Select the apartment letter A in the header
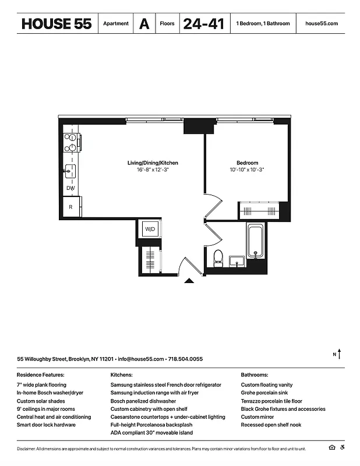coord(144,24)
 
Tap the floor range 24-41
coord(203,24)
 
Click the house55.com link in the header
coord(322,24)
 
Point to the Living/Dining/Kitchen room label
coord(153,163)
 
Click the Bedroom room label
coord(247,163)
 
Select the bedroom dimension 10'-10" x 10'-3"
coord(247,170)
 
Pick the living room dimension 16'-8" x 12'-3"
coord(153,170)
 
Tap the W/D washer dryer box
coord(150,230)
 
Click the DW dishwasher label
coord(70,188)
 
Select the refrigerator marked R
coord(71,207)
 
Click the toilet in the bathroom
coord(218,257)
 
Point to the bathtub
coord(256,241)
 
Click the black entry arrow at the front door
coord(189,281)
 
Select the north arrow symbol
coord(338,354)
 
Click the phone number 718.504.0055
coord(186,359)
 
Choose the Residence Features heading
coord(40,375)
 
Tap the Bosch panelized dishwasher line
coord(143,401)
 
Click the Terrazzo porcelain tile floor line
coord(271,401)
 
